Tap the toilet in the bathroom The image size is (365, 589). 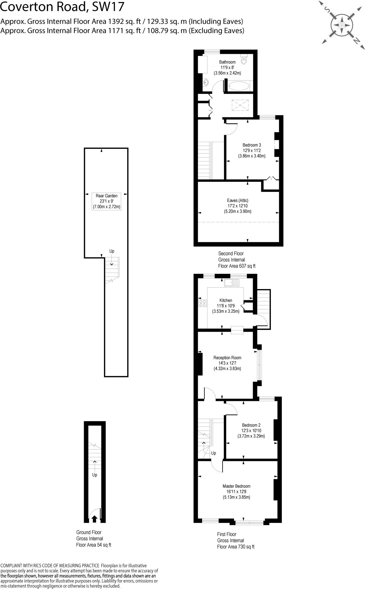(244, 59)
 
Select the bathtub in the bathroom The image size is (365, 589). (239, 86)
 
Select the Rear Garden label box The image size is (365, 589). (106, 201)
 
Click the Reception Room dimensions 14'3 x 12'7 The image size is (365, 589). (227, 363)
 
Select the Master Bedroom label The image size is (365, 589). (236, 486)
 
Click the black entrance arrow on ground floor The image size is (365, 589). (94, 519)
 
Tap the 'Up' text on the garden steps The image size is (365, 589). (112, 251)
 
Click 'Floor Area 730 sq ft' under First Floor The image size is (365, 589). (235, 547)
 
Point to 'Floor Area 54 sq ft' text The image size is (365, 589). (93, 545)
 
